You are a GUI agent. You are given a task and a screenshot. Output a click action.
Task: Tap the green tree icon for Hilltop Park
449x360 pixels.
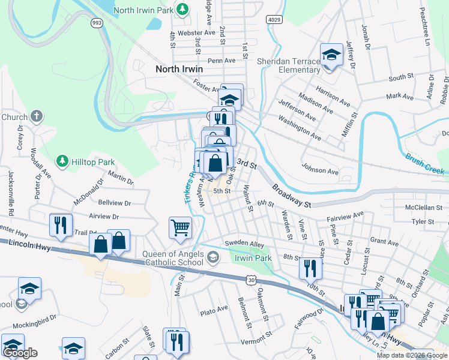[x=61, y=161]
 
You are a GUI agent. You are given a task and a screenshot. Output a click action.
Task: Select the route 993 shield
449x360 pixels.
[x=96, y=22]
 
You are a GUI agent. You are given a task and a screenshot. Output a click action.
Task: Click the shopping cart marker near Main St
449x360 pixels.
[x=180, y=228]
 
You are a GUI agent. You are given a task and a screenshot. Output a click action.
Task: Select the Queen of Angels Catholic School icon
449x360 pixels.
[x=212, y=258]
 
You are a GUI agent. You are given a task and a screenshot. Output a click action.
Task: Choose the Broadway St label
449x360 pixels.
[x=291, y=196]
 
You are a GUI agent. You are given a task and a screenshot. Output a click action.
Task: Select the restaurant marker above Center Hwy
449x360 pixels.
[x=61, y=225]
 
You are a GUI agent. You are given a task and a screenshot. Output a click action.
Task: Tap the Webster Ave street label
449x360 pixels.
[x=197, y=32]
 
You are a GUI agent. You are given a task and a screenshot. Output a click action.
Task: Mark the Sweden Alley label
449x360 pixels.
[x=244, y=244]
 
